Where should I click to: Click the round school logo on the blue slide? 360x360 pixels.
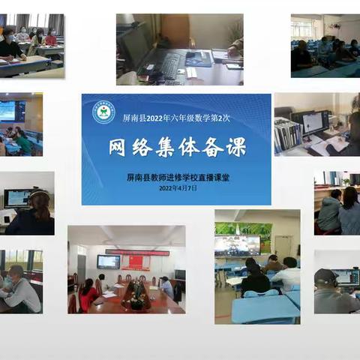click(103, 112)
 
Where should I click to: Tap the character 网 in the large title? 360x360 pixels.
click(119, 148)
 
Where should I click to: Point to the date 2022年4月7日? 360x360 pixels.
click(177, 188)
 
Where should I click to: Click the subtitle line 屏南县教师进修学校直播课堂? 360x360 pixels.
click(177, 178)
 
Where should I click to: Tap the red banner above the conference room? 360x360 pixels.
click(137, 253)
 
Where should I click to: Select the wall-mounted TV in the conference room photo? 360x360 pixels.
click(108, 262)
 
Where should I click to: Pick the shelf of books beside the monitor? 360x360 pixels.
click(288, 133)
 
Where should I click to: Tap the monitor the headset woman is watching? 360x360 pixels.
click(16, 198)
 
